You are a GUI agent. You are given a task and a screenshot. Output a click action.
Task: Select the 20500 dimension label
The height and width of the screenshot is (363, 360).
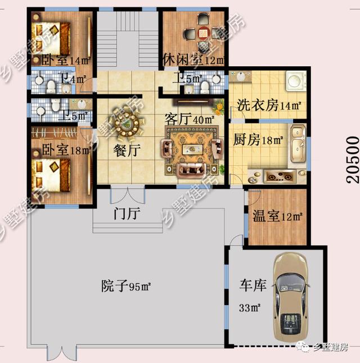point(353,160)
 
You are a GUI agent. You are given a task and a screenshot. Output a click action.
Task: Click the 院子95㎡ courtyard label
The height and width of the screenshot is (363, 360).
point(126,286)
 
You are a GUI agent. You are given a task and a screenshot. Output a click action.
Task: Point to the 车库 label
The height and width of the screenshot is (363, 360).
point(253,285)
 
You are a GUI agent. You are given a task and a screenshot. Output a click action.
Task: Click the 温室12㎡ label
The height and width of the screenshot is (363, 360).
point(277,216)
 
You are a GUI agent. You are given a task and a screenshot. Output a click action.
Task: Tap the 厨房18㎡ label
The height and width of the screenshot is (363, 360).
point(258,139)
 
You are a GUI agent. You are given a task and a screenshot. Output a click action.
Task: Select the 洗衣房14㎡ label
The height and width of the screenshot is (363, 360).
point(269,106)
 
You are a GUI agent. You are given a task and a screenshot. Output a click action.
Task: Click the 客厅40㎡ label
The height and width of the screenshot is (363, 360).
point(190,119)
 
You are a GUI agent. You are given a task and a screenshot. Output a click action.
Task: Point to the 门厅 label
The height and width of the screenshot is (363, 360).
point(127,214)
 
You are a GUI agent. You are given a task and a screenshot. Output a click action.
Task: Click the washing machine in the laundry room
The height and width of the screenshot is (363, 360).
point(296,80)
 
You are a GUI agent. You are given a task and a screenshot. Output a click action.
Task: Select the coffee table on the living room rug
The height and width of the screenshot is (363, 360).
point(193,149)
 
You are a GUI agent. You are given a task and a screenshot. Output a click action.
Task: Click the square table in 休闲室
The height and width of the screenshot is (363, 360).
point(204,33)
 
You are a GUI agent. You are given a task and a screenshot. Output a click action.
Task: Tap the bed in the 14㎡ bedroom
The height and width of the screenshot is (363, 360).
point(51,38)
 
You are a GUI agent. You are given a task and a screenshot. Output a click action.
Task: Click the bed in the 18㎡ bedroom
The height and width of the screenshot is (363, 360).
point(51,175)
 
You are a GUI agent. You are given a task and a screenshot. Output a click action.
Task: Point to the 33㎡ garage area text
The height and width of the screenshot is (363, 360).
point(250,308)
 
